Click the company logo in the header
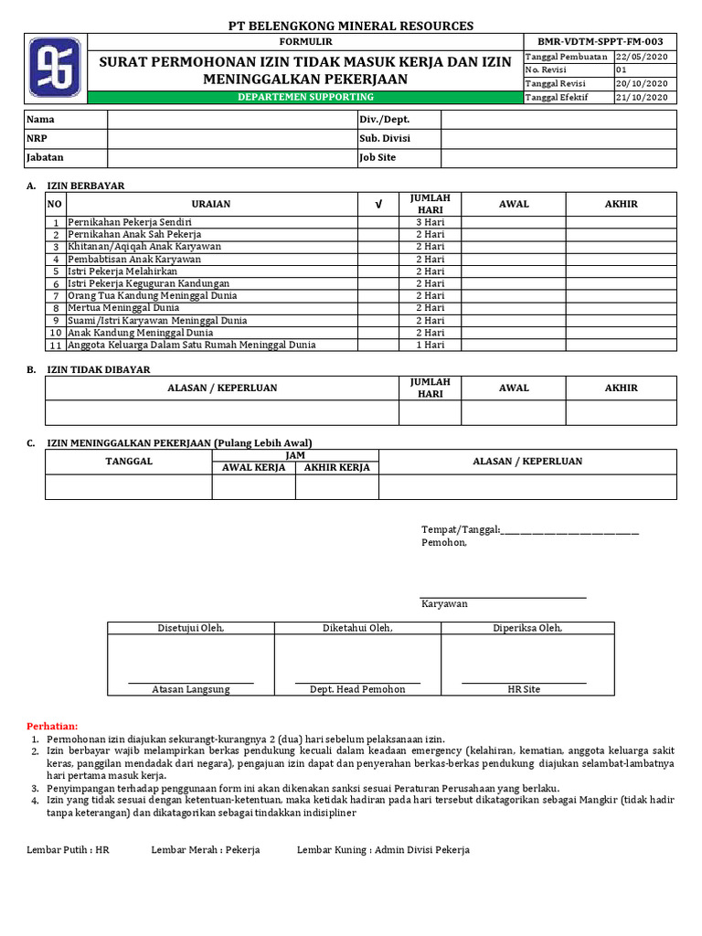click(x=54, y=68)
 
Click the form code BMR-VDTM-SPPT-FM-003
click(x=600, y=42)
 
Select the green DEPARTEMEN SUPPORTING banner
click(x=305, y=97)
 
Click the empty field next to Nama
click(x=232, y=120)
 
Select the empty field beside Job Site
click(x=558, y=158)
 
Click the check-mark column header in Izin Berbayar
click(x=378, y=204)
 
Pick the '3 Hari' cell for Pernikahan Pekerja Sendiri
click(x=430, y=222)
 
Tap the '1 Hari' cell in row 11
click(x=430, y=345)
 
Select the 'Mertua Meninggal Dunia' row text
click(x=123, y=308)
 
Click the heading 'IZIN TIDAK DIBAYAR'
click(x=99, y=369)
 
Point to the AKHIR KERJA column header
click(x=336, y=467)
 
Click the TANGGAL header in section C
click(x=129, y=462)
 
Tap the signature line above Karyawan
click(x=503, y=597)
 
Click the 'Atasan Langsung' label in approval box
click(x=190, y=689)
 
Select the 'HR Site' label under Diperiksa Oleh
click(x=524, y=689)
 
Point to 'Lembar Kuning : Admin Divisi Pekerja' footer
click(x=383, y=850)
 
